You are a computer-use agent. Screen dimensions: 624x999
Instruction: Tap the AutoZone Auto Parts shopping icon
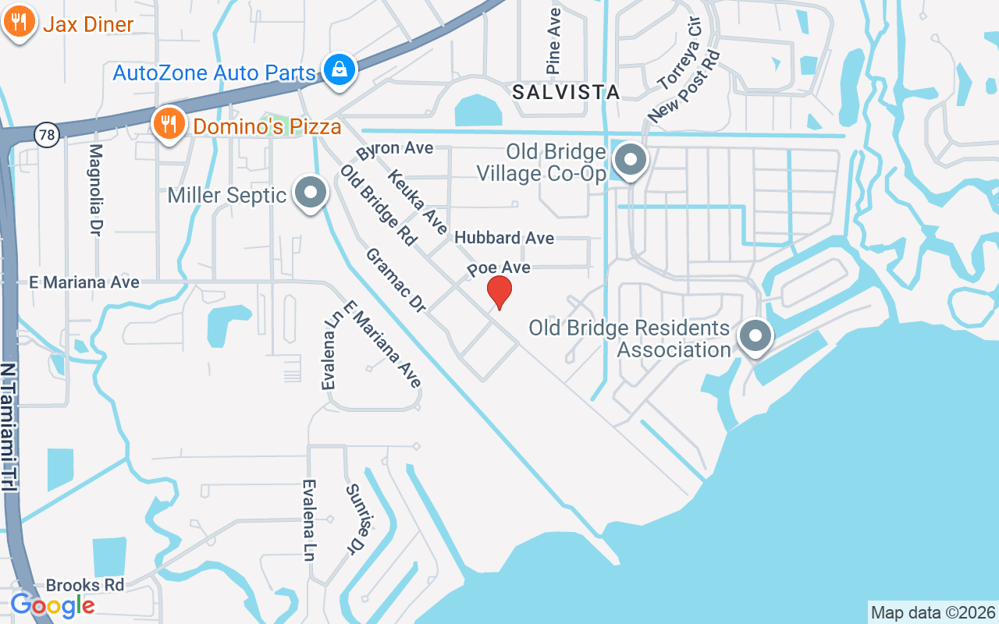point(340,69)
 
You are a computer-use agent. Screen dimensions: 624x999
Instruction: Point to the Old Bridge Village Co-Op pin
point(631,161)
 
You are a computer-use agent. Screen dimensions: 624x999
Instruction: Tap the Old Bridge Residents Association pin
point(755,337)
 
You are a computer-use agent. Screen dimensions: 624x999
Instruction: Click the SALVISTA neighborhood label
point(566,92)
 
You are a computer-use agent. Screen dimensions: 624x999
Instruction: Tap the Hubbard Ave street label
point(504,237)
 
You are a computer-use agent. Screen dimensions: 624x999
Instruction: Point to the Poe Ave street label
point(499,268)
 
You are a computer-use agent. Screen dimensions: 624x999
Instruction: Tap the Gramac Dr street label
point(395,281)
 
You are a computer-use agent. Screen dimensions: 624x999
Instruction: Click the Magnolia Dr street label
point(96,188)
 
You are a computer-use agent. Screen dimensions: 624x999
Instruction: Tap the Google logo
point(52,604)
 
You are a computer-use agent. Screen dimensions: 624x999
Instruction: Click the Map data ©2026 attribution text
point(933,612)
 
